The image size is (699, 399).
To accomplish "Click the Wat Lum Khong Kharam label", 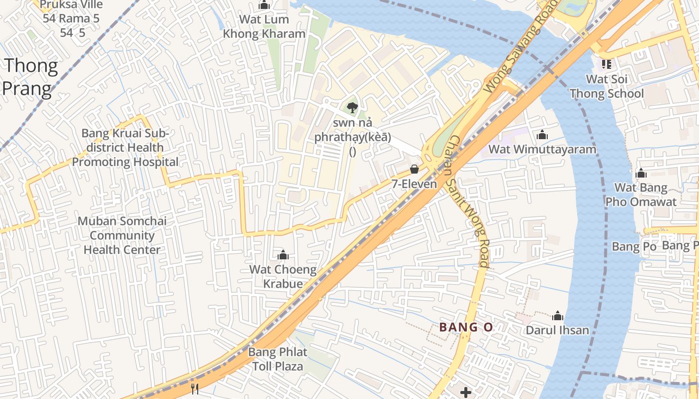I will pos(264,27).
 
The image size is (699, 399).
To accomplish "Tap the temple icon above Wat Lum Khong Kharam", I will pos(264,5).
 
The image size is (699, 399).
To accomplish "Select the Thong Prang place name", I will pos(30,77).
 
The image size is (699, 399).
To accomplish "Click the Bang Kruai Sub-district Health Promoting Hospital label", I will pos(125,148).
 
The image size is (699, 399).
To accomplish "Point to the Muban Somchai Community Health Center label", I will pos(122,235).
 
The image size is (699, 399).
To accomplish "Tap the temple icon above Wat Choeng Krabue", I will pos(283,255).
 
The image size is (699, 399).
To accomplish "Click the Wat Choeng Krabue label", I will pos(283,277).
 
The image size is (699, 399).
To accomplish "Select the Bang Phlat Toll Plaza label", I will pos(278,359).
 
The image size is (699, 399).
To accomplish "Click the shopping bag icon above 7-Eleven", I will pos(414,169).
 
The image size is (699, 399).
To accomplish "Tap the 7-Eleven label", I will pos(414,184).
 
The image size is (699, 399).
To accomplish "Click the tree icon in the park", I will pos(352,107).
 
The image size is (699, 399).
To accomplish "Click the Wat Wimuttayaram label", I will pos(542,149).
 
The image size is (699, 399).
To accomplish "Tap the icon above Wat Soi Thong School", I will pos(607,64).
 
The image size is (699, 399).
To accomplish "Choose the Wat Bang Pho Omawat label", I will pos(641,195).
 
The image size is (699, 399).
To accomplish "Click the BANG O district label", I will pos(466,327).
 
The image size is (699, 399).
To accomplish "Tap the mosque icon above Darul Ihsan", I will pos(558,316).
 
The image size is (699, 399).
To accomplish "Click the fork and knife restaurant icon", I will pos(195,389).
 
